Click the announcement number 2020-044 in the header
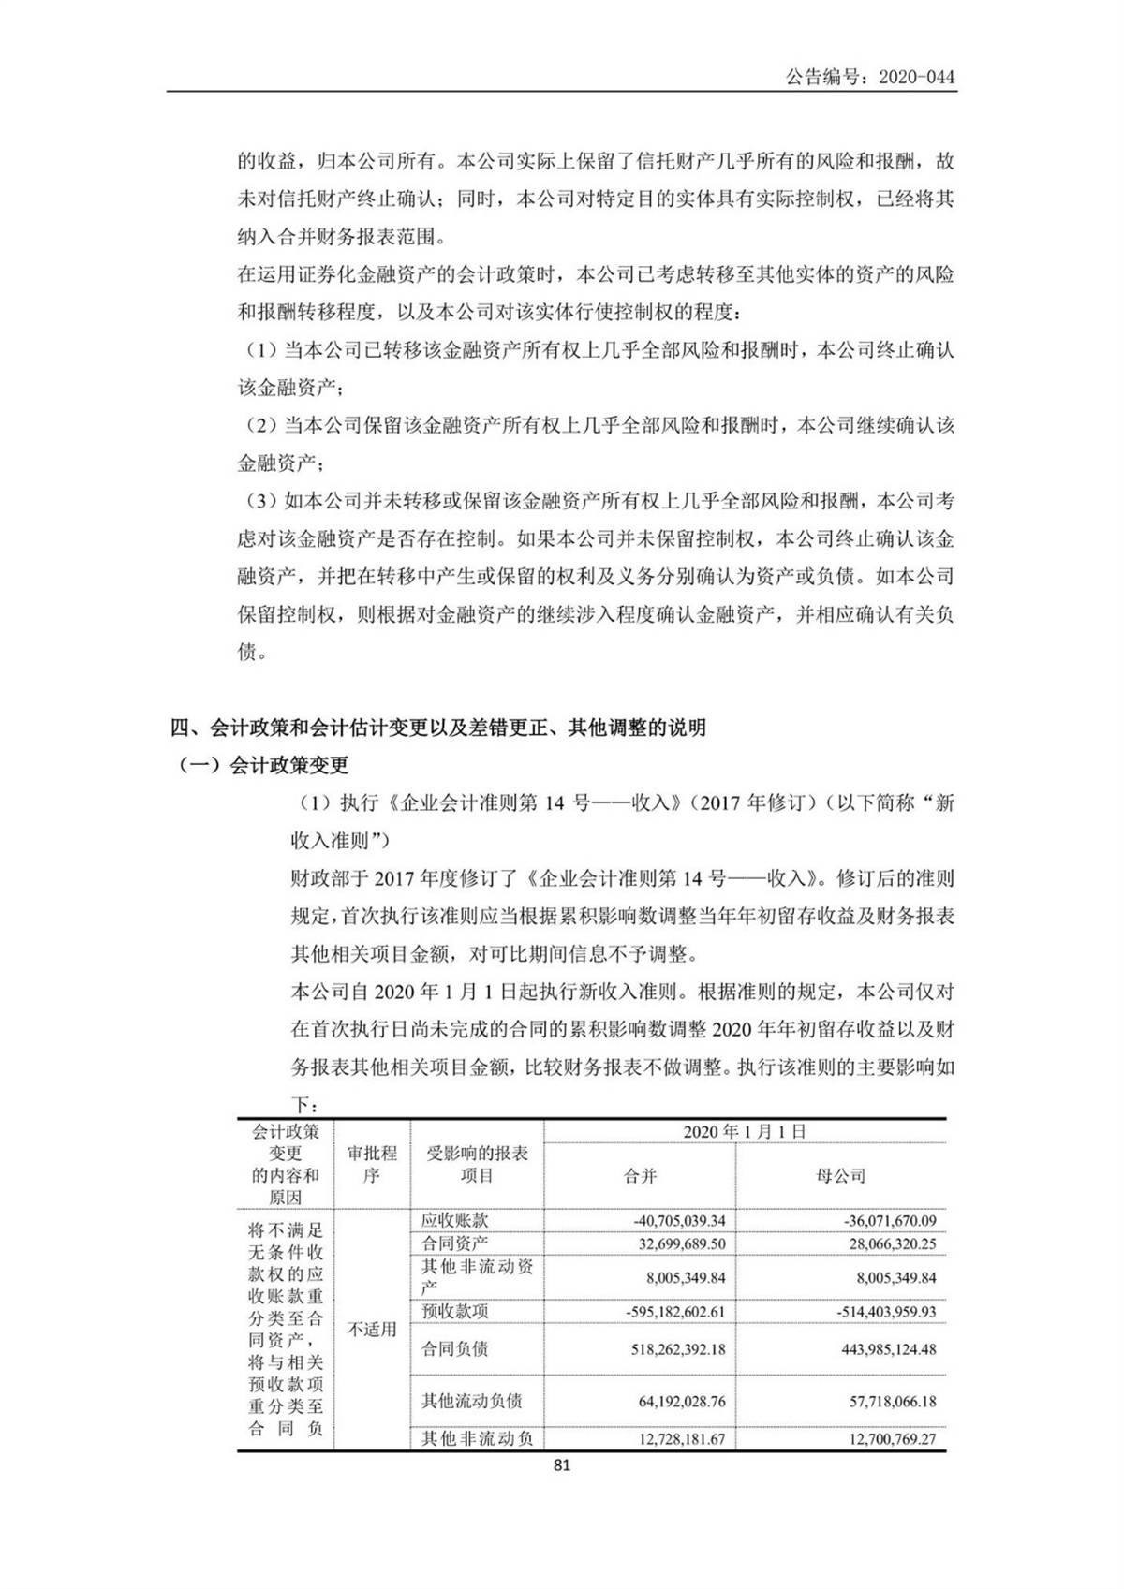pos(870,77)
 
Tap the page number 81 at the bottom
pos(562,1465)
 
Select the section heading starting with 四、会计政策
pos(437,727)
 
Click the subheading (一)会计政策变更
pos(264,765)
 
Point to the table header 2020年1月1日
pos(744,1131)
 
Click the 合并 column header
pos(640,1176)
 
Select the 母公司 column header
pos(840,1176)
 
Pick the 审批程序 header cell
pos(372,1164)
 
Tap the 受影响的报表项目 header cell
pos(477,1164)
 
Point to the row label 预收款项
pos(454,1311)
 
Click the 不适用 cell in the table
pos(372,1329)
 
